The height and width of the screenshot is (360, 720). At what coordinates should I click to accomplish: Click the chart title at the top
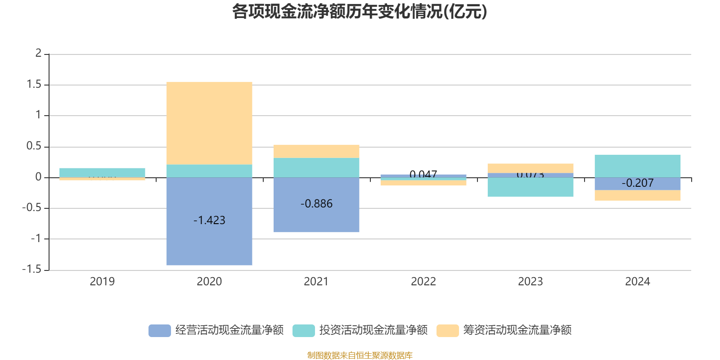(x=360, y=12)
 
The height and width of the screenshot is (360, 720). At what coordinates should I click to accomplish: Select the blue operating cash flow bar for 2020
(x=209, y=243)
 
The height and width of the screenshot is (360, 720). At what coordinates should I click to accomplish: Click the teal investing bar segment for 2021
(x=316, y=167)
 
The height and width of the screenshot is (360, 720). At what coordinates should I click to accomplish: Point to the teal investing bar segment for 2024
(x=637, y=166)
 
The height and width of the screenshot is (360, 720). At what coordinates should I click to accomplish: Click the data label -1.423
(x=209, y=220)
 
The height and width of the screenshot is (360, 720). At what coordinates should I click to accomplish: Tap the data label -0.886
(x=316, y=203)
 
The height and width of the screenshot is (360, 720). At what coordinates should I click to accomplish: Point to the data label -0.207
(x=637, y=183)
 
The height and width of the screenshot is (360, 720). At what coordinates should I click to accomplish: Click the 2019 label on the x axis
(x=102, y=282)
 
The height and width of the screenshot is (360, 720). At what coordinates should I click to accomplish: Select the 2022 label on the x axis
(x=423, y=282)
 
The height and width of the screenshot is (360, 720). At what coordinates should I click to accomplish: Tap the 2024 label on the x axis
(x=637, y=282)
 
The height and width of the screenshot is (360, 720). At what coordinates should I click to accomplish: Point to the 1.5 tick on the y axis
(x=34, y=85)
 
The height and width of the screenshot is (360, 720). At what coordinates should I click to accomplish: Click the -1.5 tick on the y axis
(x=31, y=269)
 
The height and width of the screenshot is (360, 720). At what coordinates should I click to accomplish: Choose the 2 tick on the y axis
(x=38, y=53)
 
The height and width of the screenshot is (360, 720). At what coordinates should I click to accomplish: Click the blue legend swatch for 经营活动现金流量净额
(x=160, y=330)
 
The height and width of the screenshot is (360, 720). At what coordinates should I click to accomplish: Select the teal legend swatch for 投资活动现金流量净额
(x=304, y=330)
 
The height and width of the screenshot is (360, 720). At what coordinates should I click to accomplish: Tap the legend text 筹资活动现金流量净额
(x=517, y=330)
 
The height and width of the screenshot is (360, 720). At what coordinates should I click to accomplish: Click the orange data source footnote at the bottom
(x=360, y=355)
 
